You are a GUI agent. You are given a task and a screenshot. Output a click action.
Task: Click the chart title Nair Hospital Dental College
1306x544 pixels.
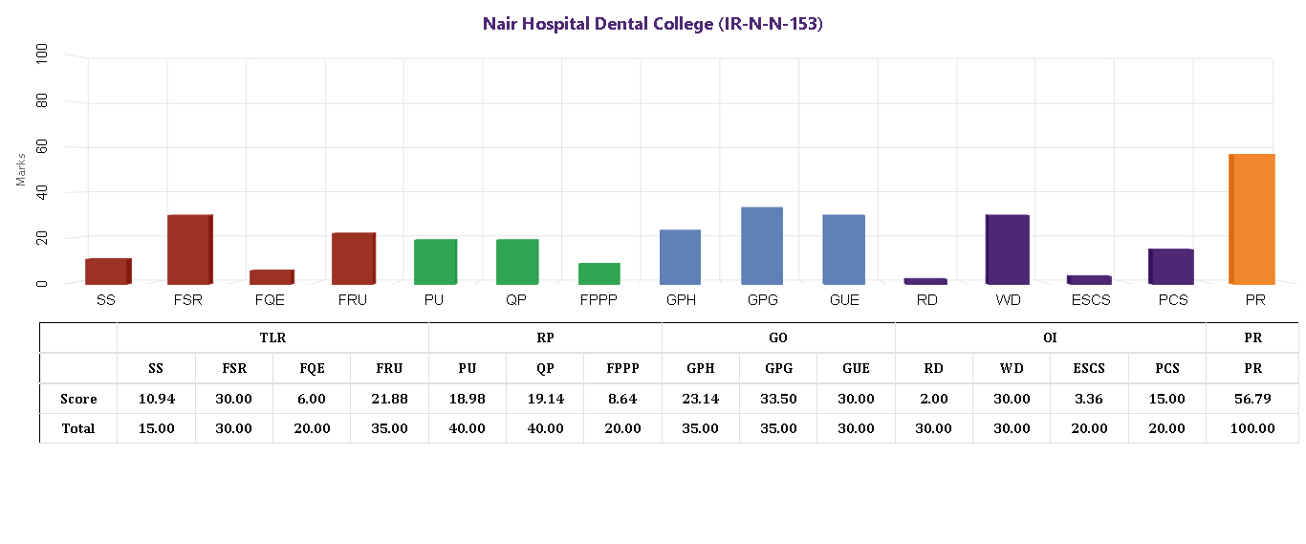(652, 24)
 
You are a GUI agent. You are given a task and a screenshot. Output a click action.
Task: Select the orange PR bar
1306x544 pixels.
(1252, 219)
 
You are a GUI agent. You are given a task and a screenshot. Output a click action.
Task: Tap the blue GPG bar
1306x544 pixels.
(762, 246)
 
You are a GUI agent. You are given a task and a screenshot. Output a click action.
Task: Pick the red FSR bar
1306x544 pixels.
(189, 250)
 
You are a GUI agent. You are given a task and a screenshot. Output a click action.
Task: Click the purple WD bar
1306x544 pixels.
(1008, 250)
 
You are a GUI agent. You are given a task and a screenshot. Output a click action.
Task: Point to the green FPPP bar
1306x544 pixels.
(599, 273)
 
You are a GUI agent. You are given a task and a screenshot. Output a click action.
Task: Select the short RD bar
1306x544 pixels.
(925, 281)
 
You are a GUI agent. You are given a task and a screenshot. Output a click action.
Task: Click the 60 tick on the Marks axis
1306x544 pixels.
(41, 147)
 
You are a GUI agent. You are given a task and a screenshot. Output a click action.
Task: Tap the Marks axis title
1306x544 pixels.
(21, 169)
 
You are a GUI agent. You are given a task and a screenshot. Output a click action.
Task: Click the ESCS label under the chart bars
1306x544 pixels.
(1090, 300)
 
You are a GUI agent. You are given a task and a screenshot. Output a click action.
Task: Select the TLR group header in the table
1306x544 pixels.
(272, 337)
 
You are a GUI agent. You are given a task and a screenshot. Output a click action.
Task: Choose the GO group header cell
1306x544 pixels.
(778, 337)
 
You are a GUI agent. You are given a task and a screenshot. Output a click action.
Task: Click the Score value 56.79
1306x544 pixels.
(1252, 398)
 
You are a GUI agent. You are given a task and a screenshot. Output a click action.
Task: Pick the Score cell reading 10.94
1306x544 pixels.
(156, 398)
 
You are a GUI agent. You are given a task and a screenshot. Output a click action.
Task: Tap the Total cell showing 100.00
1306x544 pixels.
(1252, 428)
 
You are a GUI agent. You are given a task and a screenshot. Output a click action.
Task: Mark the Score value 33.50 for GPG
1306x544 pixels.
(778, 398)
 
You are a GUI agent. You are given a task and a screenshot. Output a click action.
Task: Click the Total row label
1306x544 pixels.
(78, 428)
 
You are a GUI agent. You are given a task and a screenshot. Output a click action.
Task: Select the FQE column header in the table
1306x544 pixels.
(312, 368)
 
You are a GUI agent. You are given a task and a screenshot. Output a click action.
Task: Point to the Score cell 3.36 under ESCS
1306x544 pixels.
(1090, 398)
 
